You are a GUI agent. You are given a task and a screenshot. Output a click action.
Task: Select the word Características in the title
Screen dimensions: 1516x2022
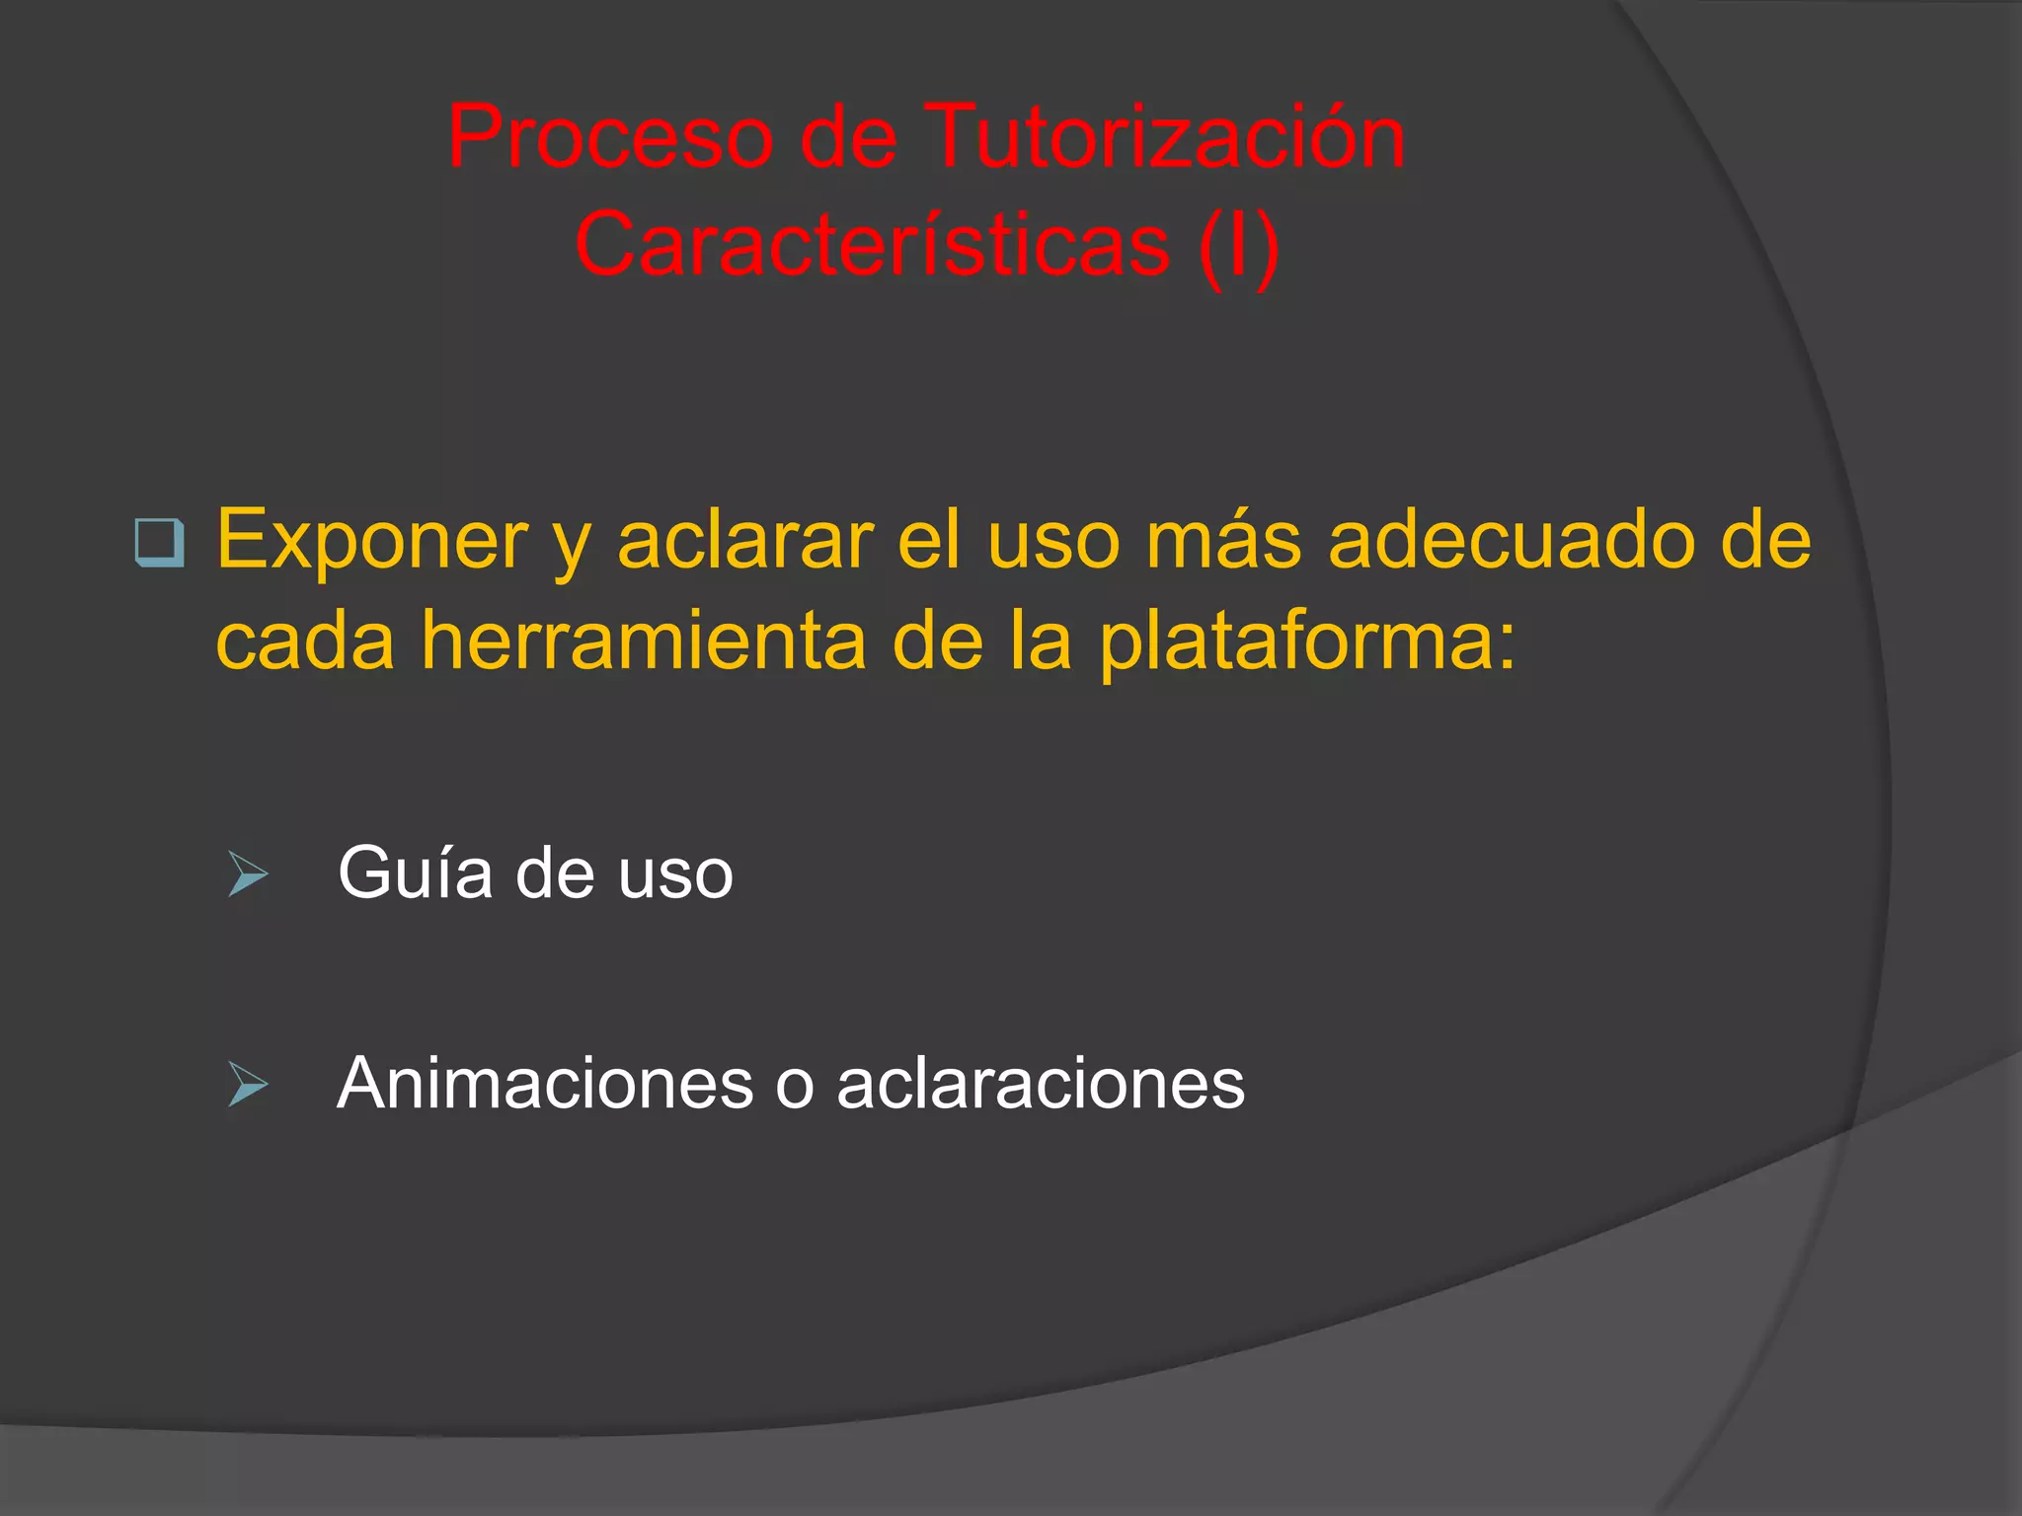[x=872, y=245]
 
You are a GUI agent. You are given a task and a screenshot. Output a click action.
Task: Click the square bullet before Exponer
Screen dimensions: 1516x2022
[x=159, y=543]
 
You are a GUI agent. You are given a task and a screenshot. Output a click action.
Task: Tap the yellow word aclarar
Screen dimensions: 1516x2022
[x=745, y=541]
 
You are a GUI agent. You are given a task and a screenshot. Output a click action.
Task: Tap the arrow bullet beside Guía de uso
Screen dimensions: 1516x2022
[x=247, y=873]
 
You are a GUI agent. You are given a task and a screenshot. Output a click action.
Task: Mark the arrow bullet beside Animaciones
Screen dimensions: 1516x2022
[x=247, y=1084]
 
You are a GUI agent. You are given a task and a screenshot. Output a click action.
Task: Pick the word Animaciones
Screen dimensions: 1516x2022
[x=545, y=1084]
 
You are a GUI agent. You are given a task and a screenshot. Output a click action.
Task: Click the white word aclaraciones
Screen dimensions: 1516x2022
[x=1041, y=1084]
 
